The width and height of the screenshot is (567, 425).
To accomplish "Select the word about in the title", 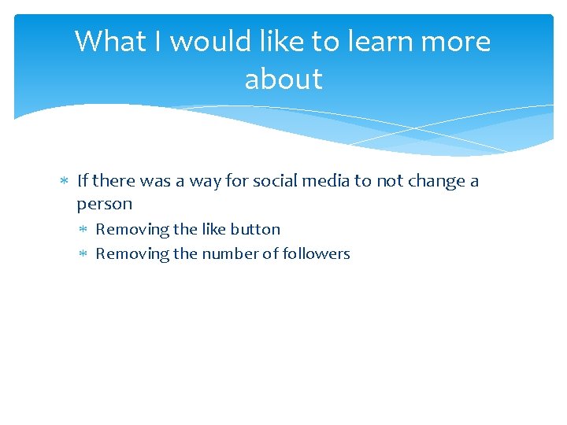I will tap(283, 79).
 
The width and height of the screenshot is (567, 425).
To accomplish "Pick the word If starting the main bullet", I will tap(83, 181).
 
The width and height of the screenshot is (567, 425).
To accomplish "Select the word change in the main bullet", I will tap(435, 182).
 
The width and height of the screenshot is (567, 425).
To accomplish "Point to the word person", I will tap(104, 204).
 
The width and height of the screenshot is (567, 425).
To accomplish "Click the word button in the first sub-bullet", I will tap(255, 230).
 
